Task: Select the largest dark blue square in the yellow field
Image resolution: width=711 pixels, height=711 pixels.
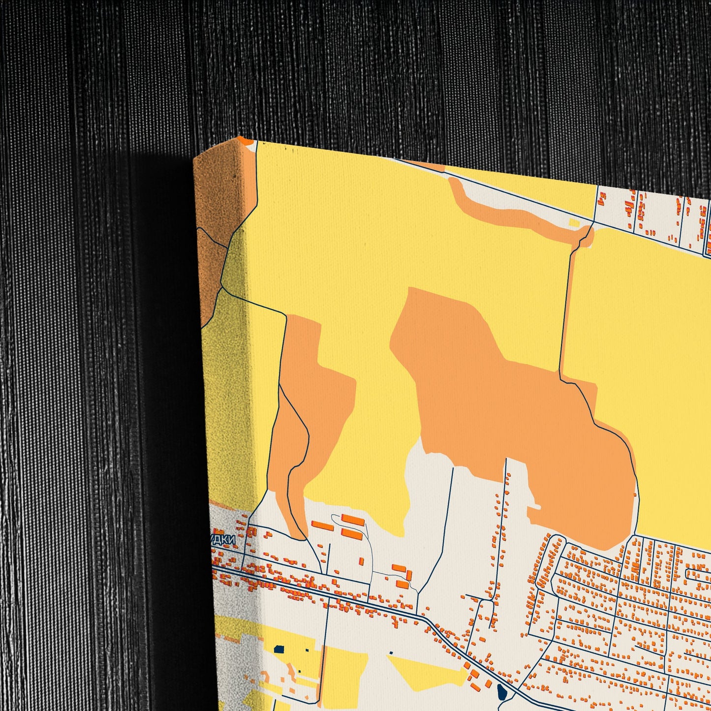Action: (279, 649)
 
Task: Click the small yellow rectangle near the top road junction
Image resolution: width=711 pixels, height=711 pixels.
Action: (574, 223)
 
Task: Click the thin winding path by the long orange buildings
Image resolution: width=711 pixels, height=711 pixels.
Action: (369, 546)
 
